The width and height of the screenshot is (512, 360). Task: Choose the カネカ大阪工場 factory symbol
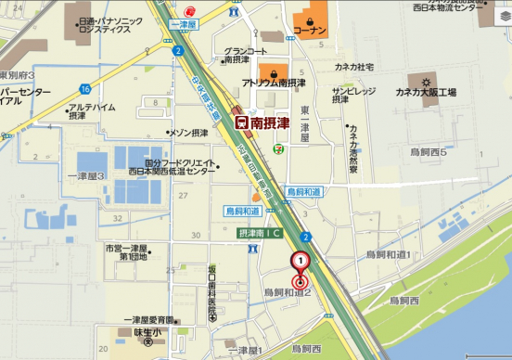pos(413,81)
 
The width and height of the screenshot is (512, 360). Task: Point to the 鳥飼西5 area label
pos(429,151)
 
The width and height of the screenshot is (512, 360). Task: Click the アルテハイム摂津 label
pos(92,111)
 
